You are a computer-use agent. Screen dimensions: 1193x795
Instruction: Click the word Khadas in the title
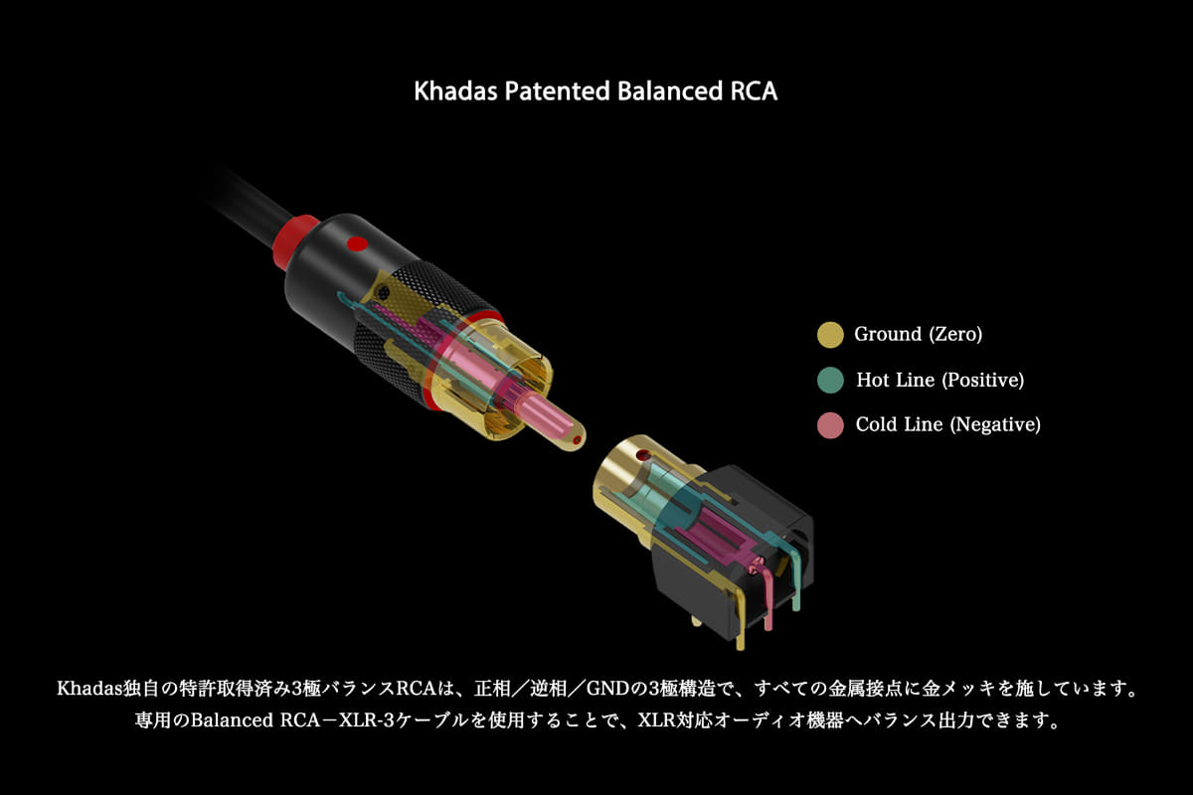[x=455, y=91]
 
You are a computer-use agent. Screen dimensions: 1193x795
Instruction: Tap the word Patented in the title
[x=557, y=91]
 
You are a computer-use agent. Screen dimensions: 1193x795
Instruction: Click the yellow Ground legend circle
[x=830, y=335]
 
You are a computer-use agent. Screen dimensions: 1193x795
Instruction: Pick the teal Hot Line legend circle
[x=830, y=381]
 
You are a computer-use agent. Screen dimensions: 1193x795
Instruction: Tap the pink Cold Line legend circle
[x=830, y=425]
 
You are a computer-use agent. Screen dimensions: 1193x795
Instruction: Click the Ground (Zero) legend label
[x=919, y=335]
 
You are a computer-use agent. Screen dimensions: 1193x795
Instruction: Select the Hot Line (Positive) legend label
[x=940, y=381]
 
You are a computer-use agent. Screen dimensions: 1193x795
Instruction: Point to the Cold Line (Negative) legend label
[x=948, y=425]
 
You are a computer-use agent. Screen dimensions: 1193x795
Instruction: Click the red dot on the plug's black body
[x=357, y=244]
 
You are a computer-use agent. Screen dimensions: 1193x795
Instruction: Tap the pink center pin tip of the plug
[x=577, y=440]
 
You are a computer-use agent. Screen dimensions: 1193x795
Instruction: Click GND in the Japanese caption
[x=608, y=689]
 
